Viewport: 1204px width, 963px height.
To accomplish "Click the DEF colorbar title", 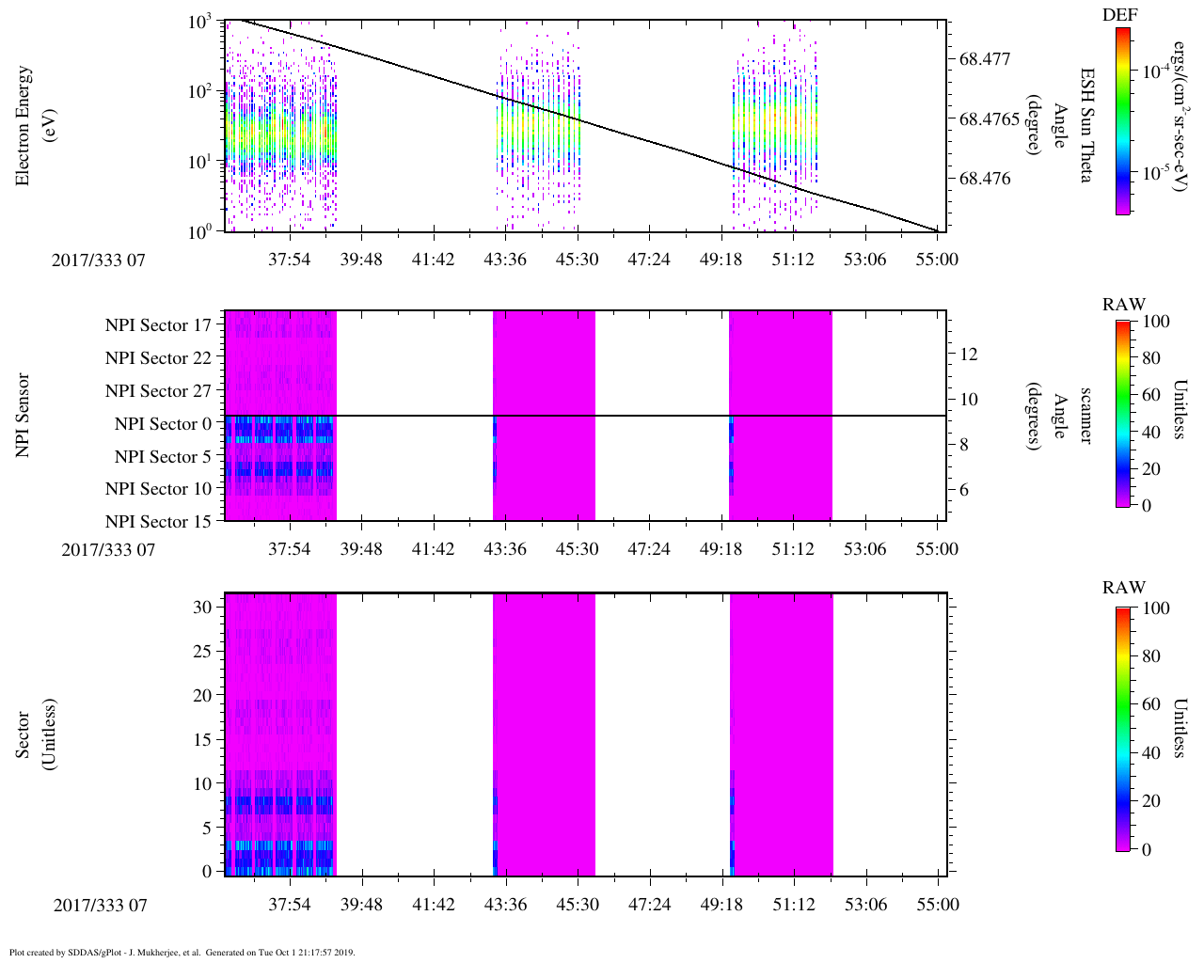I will (1119, 15).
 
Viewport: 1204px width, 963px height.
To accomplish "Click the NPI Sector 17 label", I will (159, 325).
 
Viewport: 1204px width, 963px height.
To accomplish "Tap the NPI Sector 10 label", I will (159, 489).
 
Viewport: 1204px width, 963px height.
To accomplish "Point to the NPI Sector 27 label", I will (159, 391).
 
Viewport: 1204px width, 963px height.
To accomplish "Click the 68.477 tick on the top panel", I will (985, 59).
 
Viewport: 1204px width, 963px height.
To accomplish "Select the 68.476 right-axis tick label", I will (985, 180).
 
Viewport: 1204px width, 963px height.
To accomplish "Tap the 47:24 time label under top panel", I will (648, 259).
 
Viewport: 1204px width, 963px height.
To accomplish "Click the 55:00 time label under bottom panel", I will (938, 905).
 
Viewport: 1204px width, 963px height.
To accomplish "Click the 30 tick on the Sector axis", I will (202, 608).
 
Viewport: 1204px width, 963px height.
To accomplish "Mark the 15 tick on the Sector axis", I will (202, 739).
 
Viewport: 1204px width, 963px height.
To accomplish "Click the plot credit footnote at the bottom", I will (182, 953).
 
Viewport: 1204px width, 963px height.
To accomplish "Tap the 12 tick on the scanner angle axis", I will (969, 355).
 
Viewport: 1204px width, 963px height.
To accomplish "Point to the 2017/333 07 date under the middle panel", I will (108, 550).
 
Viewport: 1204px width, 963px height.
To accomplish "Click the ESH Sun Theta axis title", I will (1085, 125).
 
